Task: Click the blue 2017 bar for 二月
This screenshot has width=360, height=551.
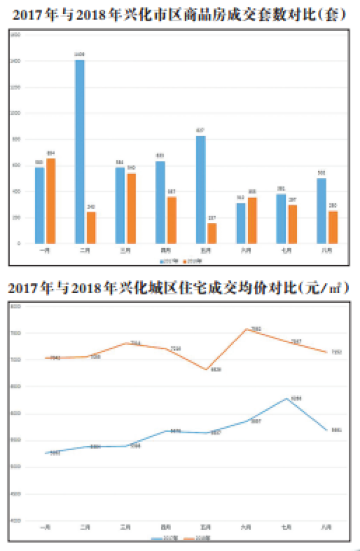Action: coord(80,152)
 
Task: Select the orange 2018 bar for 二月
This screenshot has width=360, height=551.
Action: coord(91,228)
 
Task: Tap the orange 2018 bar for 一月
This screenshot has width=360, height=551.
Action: coord(51,201)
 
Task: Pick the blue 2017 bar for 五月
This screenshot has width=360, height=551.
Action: coord(201,190)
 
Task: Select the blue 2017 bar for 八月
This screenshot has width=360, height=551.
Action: coord(322,211)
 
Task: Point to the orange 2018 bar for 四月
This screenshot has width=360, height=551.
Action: coord(172,220)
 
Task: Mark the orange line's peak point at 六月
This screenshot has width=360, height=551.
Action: coord(246,329)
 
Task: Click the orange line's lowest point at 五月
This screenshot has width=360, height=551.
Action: coord(206,369)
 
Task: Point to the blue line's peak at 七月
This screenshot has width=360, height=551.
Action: coord(287,398)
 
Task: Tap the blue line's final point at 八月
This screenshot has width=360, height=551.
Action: coord(327,430)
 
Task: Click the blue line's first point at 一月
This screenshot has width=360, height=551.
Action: coord(46,453)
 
